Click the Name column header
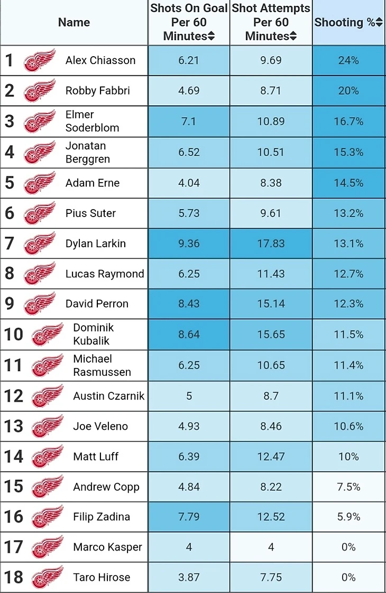pos(73,22)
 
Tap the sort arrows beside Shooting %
pos(379,23)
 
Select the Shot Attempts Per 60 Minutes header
pos(271,22)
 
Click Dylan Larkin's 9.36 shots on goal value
pos(189,244)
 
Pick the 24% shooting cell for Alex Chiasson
pos(348,60)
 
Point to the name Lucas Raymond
pos(105,274)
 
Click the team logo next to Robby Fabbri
pos(40,91)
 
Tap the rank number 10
pos(13,334)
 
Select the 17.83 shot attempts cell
pos(271,244)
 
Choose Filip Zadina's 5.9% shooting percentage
pos(348,517)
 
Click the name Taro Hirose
pos(102,577)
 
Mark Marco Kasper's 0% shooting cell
pos(348,547)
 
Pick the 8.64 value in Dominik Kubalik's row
pos(189,335)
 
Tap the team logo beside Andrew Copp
pos(48,487)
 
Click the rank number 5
pos(9,183)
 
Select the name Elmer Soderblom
pos(92,121)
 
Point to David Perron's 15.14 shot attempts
pos(271,304)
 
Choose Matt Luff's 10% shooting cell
pos(348,456)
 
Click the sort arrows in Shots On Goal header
pos(211,37)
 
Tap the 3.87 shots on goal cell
pos(189,577)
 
